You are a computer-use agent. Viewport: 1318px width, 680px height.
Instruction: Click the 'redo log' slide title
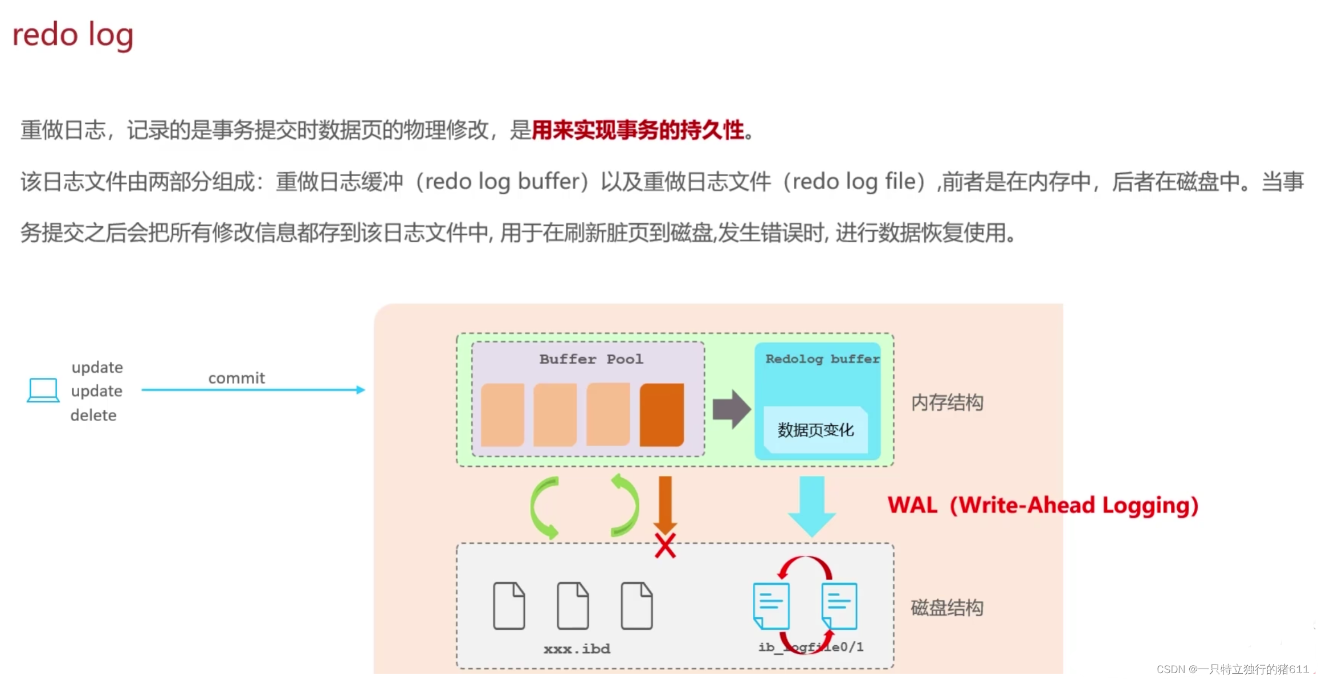pyautogui.click(x=73, y=35)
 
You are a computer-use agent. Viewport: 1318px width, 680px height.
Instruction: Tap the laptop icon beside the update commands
pyautogui.click(x=43, y=390)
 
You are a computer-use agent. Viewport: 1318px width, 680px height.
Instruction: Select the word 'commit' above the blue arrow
pyautogui.click(x=236, y=378)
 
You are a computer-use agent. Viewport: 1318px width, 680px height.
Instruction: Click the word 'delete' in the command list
pyautogui.click(x=93, y=415)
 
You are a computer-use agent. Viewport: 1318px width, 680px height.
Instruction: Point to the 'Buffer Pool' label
pyautogui.click(x=591, y=359)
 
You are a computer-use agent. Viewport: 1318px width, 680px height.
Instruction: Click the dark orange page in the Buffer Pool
pyautogui.click(x=662, y=414)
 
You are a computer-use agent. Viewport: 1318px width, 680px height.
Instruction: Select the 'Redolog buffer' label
pyautogui.click(x=822, y=359)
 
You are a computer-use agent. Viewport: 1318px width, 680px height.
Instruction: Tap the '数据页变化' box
pyautogui.click(x=815, y=430)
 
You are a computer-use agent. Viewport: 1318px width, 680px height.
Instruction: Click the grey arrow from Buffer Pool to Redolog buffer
pyautogui.click(x=731, y=409)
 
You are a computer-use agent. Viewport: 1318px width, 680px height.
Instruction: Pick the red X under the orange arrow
pyautogui.click(x=665, y=545)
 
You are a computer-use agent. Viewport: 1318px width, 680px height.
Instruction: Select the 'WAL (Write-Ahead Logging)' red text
pyautogui.click(x=1043, y=506)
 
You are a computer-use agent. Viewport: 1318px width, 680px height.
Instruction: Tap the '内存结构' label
pyautogui.click(x=947, y=403)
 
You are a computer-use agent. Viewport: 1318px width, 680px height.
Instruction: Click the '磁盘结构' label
pyautogui.click(x=947, y=608)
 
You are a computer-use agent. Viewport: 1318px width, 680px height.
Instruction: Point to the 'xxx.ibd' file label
pyautogui.click(x=577, y=649)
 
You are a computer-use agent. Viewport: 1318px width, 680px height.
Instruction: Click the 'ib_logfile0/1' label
pyautogui.click(x=811, y=647)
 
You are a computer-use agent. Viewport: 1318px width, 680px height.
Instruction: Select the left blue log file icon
pyautogui.click(x=771, y=605)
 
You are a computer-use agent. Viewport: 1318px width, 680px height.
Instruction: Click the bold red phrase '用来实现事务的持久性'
pyautogui.click(x=638, y=131)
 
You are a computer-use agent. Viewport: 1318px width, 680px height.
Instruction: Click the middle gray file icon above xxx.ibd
pyautogui.click(x=573, y=605)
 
